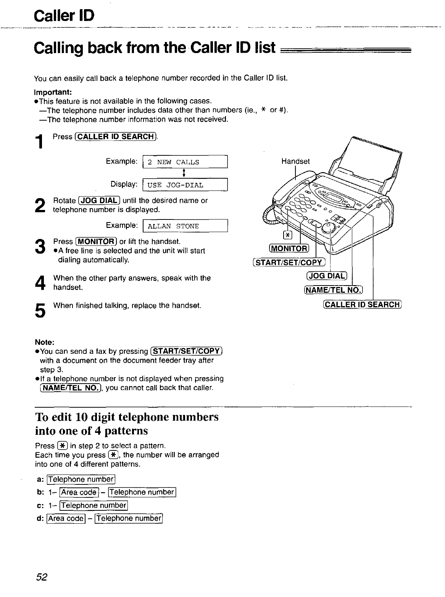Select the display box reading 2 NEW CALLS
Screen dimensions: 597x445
[185, 162]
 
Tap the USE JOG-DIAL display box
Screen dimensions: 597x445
[185, 185]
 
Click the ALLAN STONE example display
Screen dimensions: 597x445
[185, 226]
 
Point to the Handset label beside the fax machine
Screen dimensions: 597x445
[295, 161]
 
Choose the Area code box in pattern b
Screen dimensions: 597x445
[79, 492]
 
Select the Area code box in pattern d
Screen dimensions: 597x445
[65, 518]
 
